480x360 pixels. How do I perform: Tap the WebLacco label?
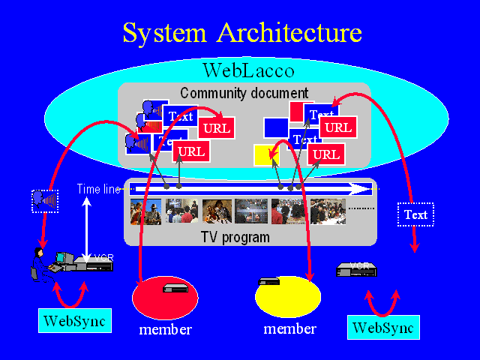click(x=248, y=72)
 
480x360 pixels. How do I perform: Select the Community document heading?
click(x=244, y=93)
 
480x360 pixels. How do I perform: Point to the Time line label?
click(x=98, y=188)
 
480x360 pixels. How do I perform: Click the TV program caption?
click(x=235, y=237)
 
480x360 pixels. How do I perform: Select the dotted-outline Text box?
click(x=415, y=215)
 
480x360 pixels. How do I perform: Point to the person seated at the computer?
click(x=39, y=262)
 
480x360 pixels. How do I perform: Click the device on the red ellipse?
click(x=175, y=287)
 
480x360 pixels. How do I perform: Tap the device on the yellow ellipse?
click(x=269, y=282)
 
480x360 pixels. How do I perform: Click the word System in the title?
click(x=164, y=34)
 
